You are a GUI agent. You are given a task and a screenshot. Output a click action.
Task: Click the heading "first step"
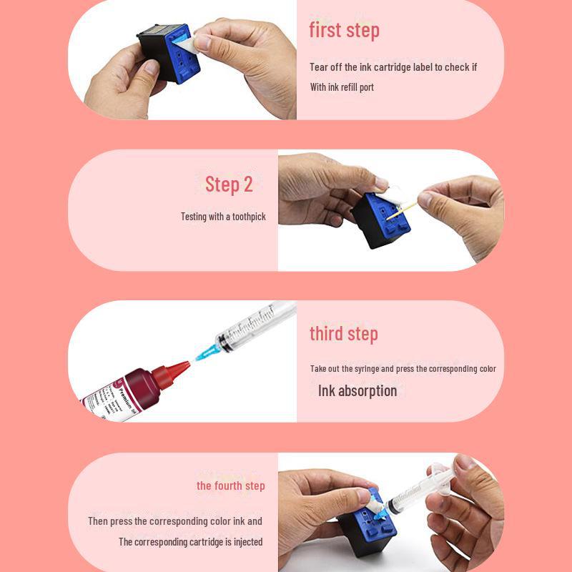[x=344, y=31]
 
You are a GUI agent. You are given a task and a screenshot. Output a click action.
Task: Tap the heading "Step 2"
[x=229, y=184]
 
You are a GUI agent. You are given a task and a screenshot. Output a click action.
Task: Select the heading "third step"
[x=344, y=334]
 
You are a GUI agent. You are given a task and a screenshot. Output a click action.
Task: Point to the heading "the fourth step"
[x=230, y=485]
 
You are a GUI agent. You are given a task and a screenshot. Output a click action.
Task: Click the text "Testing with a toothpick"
[x=223, y=217]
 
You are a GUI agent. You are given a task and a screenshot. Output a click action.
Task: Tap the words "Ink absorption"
[x=357, y=390]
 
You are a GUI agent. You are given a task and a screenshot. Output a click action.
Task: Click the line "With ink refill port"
[x=342, y=87]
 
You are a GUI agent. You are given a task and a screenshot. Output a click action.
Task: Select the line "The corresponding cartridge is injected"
[x=190, y=542]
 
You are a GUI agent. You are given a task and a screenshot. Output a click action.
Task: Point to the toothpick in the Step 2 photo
[x=401, y=211]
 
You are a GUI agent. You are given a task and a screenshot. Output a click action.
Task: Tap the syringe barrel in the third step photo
[x=255, y=323]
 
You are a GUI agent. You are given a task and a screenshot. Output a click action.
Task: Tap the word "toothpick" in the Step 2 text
[x=249, y=217]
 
